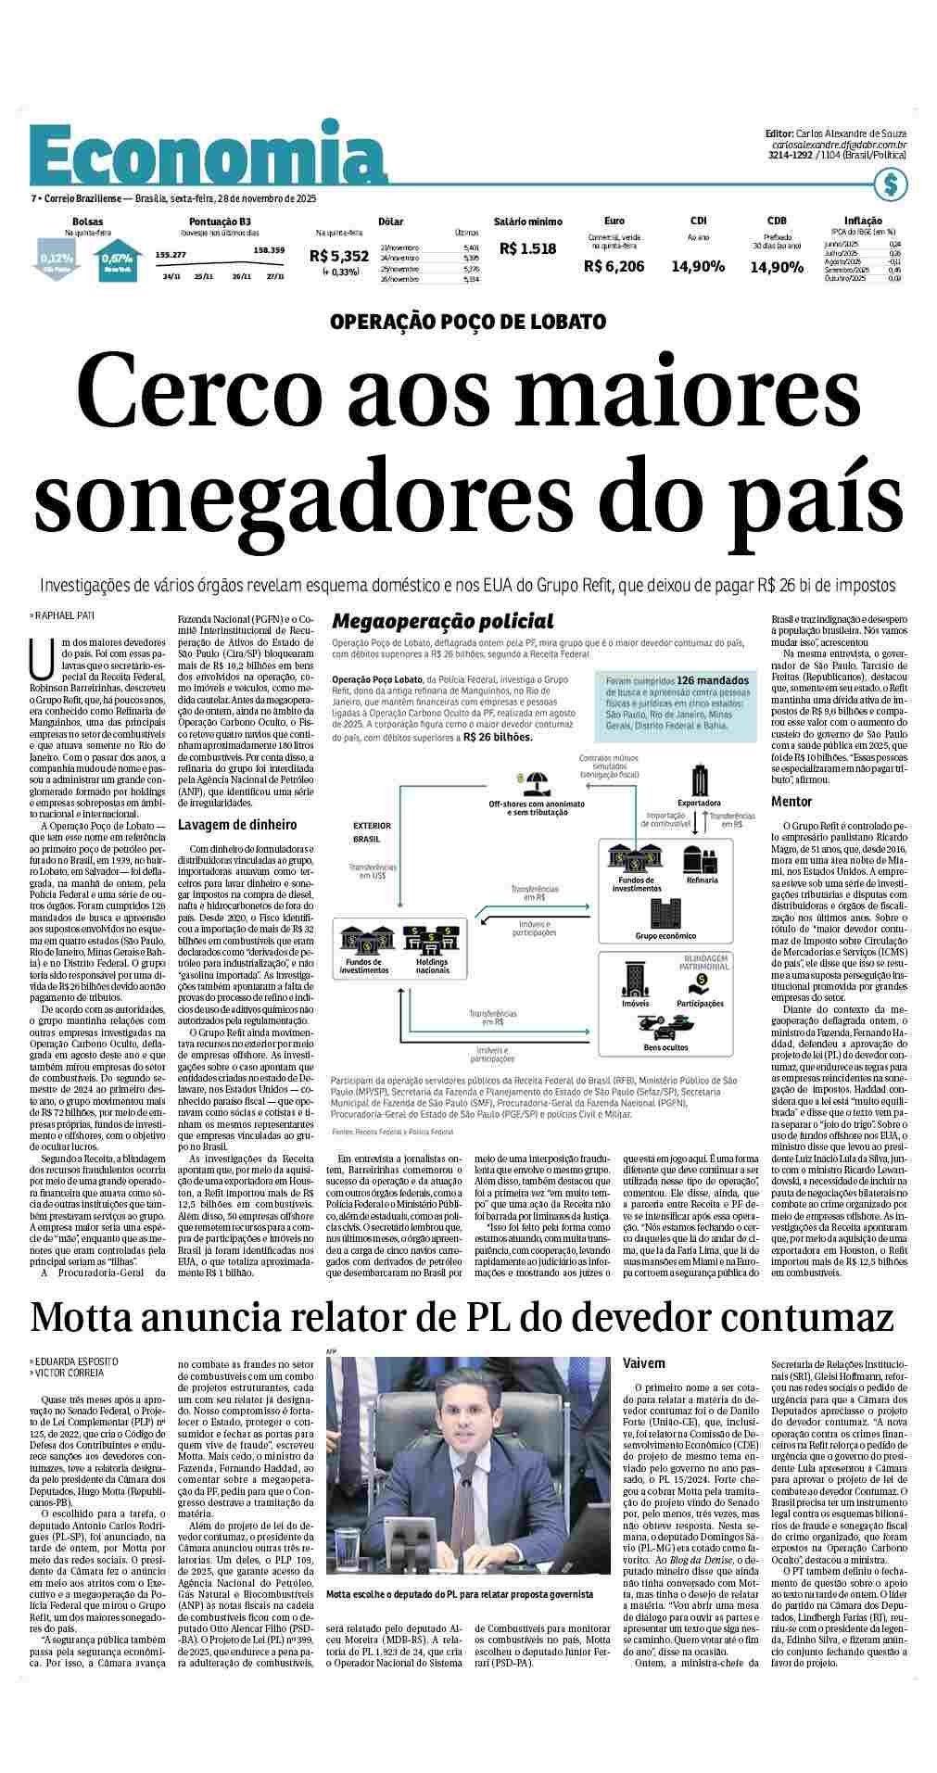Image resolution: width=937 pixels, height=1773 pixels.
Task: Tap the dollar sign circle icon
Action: tap(892, 185)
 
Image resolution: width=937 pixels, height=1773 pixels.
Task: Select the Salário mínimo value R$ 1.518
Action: tap(527, 248)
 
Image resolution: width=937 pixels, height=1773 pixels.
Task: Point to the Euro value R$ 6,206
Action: tap(614, 267)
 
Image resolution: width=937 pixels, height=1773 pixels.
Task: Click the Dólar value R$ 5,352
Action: tap(339, 256)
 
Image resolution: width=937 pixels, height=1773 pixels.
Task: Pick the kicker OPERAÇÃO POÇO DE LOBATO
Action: tap(468, 322)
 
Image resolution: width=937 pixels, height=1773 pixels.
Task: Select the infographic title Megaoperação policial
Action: tap(443, 621)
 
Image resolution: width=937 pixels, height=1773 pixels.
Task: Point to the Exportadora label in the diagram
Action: tap(700, 803)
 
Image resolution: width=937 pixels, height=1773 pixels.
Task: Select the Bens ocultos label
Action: tap(666, 1047)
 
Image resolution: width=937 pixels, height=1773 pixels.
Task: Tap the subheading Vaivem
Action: tap(645, 1364)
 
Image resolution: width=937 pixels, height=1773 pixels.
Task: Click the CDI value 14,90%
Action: tap(698, 267)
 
